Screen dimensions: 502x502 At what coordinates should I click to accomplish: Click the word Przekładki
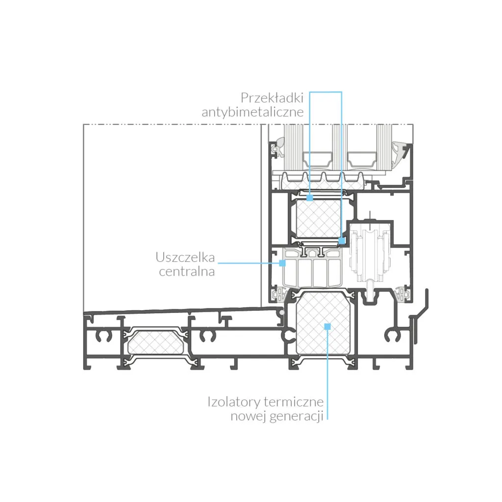click(272, 98)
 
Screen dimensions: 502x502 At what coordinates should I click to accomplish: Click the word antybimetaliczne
click(252, 112)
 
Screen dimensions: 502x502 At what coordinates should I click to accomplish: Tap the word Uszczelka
click(185, 257)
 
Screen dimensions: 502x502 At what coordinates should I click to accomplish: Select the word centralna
click(187, 272)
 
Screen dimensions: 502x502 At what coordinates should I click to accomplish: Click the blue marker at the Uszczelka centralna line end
click(282, 263)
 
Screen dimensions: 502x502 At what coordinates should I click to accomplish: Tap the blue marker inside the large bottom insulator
click(327, 326)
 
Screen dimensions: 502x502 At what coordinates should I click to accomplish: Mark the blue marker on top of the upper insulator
click(310, 198)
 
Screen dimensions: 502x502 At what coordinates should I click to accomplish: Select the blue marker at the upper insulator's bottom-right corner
click(342, 240)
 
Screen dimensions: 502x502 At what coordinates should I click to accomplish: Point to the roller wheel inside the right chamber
click(371, 253)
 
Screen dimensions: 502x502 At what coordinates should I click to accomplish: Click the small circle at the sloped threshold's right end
click(282, 312)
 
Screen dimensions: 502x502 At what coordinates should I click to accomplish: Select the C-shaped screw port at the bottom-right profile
click(391, 335)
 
